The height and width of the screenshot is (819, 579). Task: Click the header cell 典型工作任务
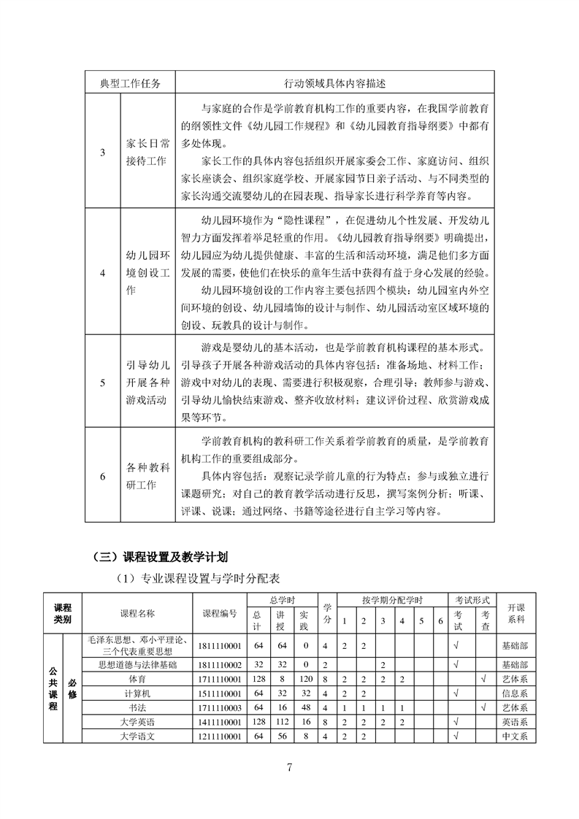(x=130, y=82)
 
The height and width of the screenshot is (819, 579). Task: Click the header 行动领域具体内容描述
(x=334, y=82)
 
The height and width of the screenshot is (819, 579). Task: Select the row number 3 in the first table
(x=102, y=152)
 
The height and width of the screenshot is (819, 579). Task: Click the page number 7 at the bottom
(x=290, y=767)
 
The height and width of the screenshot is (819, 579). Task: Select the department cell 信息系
(x=515, y=693)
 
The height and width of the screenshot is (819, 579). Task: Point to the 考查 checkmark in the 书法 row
(x=483, y=707)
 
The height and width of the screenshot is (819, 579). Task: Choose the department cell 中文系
(x=515, y=736)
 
